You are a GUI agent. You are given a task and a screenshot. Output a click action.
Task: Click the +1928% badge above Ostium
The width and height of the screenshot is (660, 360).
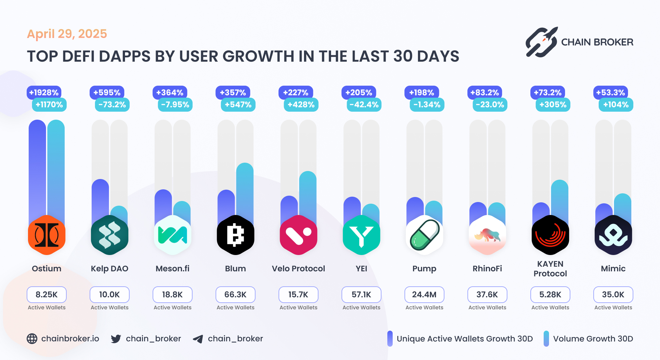(44, 93)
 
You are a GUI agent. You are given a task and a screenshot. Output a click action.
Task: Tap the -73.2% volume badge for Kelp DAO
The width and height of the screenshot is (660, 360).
(112, 105)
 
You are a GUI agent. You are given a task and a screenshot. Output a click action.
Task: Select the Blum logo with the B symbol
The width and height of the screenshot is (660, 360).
(235, 235)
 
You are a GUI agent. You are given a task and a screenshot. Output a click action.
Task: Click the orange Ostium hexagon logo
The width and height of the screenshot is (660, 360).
(47, 235)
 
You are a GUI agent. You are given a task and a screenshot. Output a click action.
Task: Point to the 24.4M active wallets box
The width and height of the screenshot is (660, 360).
(424, 295)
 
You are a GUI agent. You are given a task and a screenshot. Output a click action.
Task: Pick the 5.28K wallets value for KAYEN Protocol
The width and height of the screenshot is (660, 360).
(550, 295)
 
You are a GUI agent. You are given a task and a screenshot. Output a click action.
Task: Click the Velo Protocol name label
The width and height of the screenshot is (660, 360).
(298, 269)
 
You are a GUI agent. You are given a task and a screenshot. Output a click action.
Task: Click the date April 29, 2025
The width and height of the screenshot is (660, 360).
(67, 34)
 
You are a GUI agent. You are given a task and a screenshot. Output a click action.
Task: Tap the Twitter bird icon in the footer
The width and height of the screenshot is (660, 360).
(116, 339)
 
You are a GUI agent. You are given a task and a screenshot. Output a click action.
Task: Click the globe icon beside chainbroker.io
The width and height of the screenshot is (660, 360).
(32, 339)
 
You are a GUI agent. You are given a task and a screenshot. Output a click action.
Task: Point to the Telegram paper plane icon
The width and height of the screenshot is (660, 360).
(198, 339)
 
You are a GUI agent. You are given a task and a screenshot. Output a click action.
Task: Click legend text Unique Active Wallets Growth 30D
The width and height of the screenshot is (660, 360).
(464, 339)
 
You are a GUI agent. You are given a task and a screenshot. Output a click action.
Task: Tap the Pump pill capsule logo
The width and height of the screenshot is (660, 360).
(424, 235)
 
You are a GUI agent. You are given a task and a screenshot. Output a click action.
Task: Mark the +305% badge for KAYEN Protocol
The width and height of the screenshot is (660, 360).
(553, 105)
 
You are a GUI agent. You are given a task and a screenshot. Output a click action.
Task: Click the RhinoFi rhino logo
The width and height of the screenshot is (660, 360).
(487, 235)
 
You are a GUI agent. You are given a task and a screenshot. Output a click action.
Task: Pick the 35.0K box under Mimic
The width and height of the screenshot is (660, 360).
(613, 295)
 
